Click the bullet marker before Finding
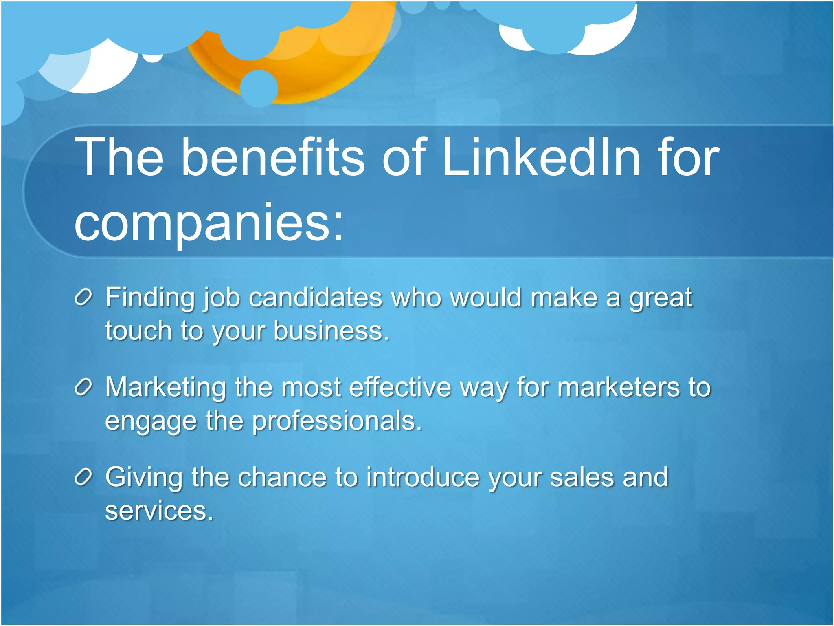tap(83, 298)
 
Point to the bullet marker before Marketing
tap(83, 388)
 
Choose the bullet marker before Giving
tap(83, 477)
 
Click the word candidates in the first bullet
tap(315, 297)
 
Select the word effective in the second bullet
tap(400, 387)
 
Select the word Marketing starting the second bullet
tap(165, 388)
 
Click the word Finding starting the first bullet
tap(150, 298)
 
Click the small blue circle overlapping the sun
tap(259, 88)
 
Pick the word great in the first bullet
tap(661, 298)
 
